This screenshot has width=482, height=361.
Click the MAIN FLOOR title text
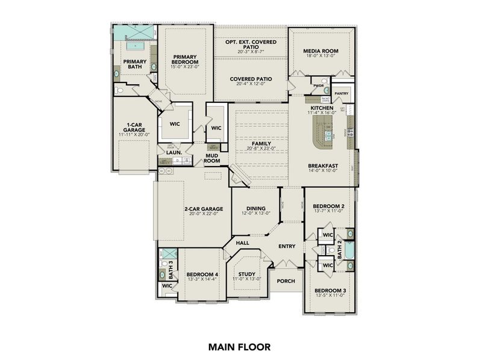coord(240,347)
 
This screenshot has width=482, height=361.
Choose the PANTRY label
coord(342,93)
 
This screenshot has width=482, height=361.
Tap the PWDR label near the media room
coord(318,86)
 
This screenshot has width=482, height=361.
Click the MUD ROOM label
coord(211,158)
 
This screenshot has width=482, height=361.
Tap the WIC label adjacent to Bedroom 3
coord(327,265)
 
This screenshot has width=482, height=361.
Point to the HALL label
coord(242,242)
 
